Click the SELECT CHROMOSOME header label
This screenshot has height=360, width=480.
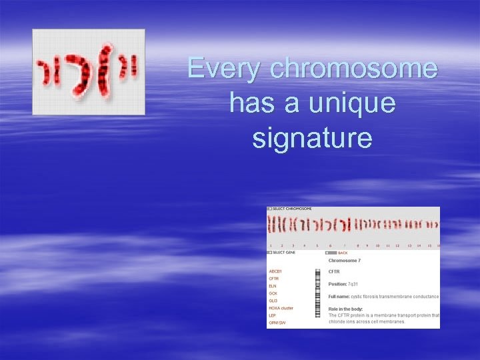(x=292, y=209)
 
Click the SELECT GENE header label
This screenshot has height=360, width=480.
(x=286, y=253)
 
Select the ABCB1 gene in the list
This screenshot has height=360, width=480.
(x=276, y=271)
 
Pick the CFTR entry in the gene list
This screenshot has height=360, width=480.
(x=274, y=279)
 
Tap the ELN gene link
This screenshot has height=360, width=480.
(x=273, y=286)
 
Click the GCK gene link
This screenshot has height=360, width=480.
(x=273, y=293)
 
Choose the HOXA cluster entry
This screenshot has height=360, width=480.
(x=281, y=308)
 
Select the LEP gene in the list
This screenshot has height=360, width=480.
(x=272, y=315)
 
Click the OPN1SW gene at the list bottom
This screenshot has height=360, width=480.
(x=277, y=323)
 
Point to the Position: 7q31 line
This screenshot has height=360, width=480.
(x=343, y=284)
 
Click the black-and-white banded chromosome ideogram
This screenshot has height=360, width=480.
(x=317, y=297)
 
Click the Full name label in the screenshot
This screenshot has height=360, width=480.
(x=338, y=296)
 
